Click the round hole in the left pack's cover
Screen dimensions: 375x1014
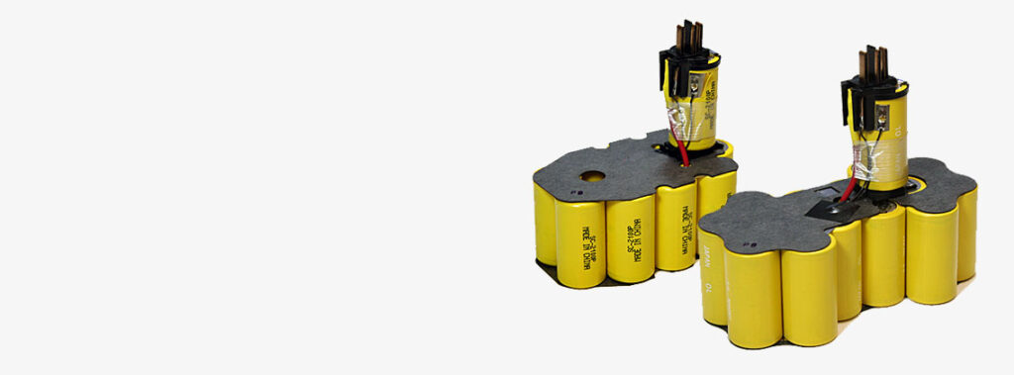(x=590, y=179)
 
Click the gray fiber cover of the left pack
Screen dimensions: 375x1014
(x=634, y=168)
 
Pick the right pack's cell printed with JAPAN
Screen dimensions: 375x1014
(x=712, y=282)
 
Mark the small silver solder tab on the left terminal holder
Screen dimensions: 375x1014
(x=699, y=86)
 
